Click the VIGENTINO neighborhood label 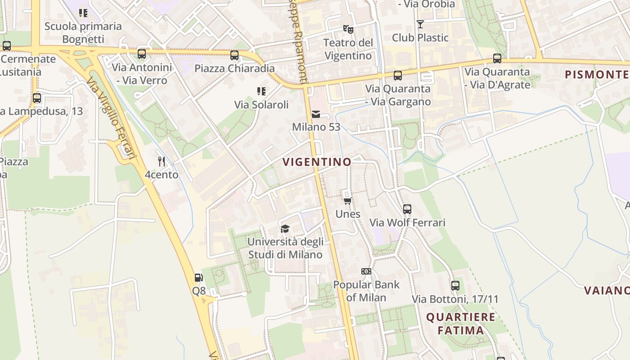[x=317, y=162]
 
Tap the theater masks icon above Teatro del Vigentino [x=348, y=29]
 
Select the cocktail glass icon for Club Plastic [x=420, y=24]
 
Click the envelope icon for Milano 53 [x=316, y=114]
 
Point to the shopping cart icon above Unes [x=347, y=201]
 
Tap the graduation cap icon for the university [x=285, y=229]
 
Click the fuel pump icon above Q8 [x=198, y=278]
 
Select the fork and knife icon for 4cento [x=162, y=161]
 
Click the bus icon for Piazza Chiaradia [x=234, y=55]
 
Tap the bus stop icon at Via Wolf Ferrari [x=407, y=209]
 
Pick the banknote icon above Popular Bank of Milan [x=366, y=271]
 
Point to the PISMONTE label [x=597, y=74]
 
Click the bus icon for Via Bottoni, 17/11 [x=455, y=286]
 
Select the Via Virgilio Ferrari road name [x=111, y=118]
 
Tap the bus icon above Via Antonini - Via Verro [x=142, y=54]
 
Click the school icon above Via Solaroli [x=261, y=91]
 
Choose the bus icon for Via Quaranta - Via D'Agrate [x=497, y=58]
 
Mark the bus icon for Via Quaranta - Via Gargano [x=398, y=75]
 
